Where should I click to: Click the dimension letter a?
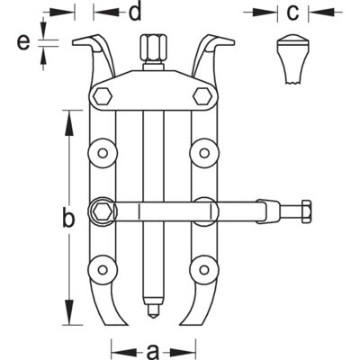pyautogui.click(x=153, y=350)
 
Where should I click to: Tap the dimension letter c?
pyautogui.click(x=292, y=13)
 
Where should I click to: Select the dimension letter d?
pyautogui.click(x=135, y=12)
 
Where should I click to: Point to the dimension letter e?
pyautogui.click(x=23, y=42)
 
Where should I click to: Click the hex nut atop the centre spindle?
pyautogui.click(x=153, y=48)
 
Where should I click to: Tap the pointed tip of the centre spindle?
pyautogui.click(x=154, y=317)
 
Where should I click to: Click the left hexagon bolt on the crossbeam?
pyautogui.click(x=103, y=96)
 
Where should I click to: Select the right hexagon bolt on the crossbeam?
pyautogui.click(x=202, y=96)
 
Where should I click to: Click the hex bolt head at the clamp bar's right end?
pyautogui.click(x=306, y=211)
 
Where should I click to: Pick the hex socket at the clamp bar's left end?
pyautogui.click(x=101, y=211)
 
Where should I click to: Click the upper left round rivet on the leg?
pyautogui.click(x=103, y=153)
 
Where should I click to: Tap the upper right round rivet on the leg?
pyautogui.click(x=204, y=153)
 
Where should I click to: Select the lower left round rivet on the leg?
pyautogui.click(x=103, y=270)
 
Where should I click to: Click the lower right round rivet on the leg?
pyautogui.click(x=204, y=270)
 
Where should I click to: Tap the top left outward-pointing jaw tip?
pyautogui.click(x=74, y=42)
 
